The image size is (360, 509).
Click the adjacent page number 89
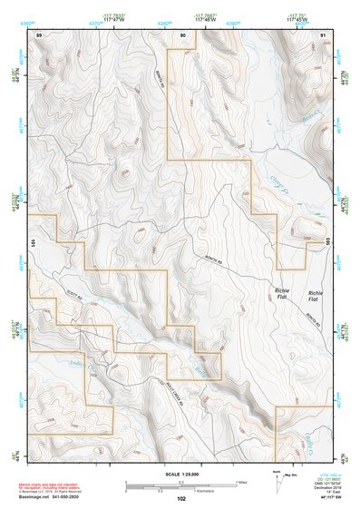[x=38, y=34]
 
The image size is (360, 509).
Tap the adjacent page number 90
[x=183, y=34]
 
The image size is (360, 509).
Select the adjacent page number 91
[x=324, y=34]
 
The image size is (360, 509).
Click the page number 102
[x=181, y=498]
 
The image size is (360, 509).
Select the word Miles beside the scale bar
[x=241, y=482]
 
